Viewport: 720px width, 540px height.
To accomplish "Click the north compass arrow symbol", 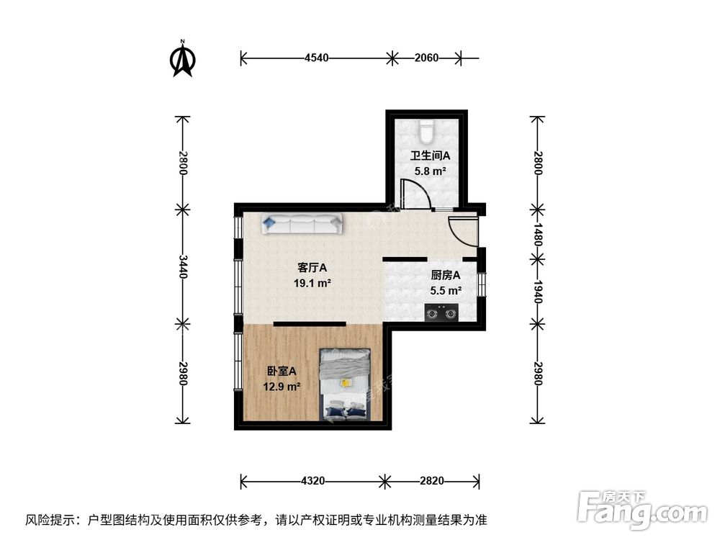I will point(183,60).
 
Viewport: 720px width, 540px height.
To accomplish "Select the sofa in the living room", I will point(302,224).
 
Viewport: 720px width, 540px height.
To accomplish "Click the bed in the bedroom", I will point(346,384).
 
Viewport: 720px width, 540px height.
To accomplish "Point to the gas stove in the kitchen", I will point(441,313).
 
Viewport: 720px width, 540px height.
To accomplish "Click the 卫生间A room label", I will point(430,156).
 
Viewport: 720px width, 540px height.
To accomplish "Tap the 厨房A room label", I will point(445,274).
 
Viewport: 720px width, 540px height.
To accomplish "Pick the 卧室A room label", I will point(282,371).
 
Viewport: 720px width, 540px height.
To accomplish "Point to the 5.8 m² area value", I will point(430,171).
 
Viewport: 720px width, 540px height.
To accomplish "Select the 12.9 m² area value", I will point(282,387).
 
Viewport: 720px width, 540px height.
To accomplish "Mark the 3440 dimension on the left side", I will point(183,266).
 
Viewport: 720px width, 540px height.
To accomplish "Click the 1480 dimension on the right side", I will point(537,234).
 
